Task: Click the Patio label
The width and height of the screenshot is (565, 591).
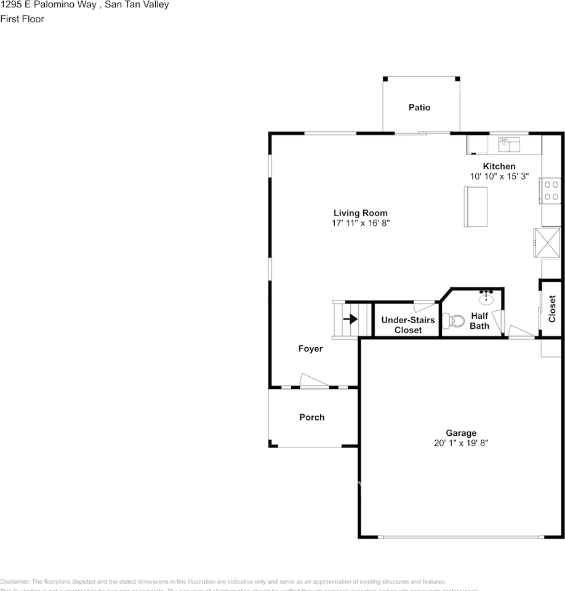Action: tap(419, 107)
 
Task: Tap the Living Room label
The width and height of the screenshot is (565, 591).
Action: tap(361, 213)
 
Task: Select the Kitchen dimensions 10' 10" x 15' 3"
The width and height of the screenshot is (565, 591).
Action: tap(499, 176)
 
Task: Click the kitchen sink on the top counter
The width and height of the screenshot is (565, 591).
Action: tap(508, 144)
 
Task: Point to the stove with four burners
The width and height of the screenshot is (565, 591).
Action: tap(551, 190)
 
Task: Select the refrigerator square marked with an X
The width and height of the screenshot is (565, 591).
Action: tap(547, 243)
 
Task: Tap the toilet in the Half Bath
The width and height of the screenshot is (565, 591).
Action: tap(456, 321)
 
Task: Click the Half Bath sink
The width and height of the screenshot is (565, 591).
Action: tap(486, 297)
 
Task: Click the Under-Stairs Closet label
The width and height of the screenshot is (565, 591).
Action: tap(407, 325)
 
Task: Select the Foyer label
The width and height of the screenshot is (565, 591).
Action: tap(310, 348)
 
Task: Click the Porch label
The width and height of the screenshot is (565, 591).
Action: tap(311, 417)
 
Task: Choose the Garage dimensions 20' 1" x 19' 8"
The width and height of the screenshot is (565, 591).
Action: tap(461, 443)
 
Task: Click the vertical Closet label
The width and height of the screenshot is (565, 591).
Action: tap(552, 309)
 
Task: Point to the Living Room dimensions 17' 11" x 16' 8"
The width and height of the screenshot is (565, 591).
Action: tap(361, 223)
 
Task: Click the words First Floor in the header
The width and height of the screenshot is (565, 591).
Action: tap(22, 18)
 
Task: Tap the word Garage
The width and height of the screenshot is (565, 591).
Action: tap(461, 433)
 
